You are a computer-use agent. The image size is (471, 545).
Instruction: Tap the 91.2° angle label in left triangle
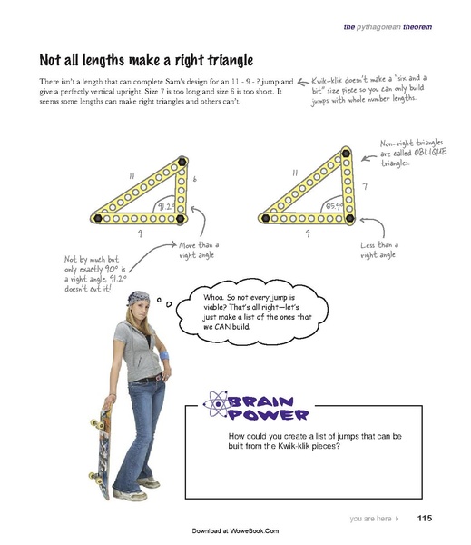[x=165, y=207]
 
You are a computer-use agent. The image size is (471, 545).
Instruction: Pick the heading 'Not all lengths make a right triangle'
[x=145, y=60]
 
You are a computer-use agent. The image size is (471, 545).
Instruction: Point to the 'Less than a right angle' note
[x=379, y=251]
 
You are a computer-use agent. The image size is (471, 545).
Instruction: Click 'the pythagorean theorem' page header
[x=388, y=27]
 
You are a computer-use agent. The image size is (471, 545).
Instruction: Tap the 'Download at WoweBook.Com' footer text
[x=235, y=530]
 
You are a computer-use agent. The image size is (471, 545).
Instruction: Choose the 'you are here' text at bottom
[x=370, y=519]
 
